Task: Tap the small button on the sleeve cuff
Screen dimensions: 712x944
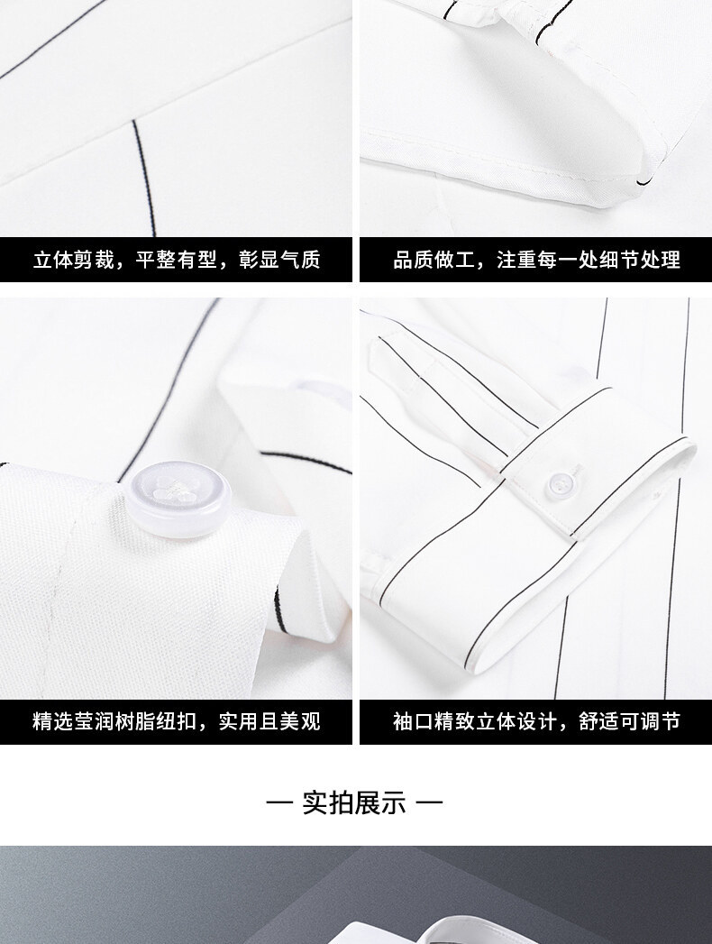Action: click(561, 483)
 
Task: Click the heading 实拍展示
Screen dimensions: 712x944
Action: click(354, 802)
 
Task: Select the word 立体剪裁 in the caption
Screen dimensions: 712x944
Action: click(73, 260)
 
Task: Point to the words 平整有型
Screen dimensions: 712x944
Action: click(176, 260)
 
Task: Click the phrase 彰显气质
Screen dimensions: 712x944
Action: click(279, 260)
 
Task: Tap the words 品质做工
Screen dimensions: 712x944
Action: click(434, 260)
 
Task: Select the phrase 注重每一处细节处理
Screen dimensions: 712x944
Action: click(588, 260)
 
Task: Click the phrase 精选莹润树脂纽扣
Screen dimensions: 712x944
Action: click(114, 720)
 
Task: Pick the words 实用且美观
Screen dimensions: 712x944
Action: click(269, 720)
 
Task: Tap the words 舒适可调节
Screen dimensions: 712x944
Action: click(629, 720)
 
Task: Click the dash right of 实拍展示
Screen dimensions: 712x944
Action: click(429, 802)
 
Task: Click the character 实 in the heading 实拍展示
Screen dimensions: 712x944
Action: click(315, 802)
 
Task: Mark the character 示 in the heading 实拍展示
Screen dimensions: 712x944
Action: click(394, 802)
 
